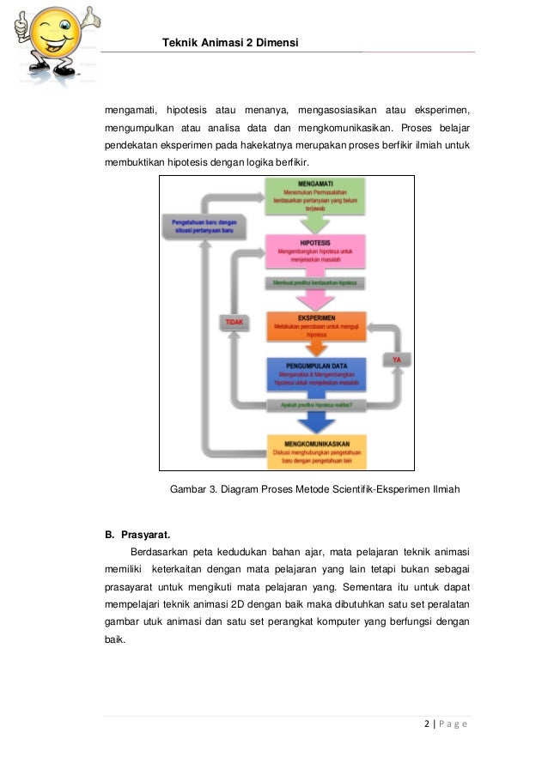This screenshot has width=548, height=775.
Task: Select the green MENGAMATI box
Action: (316, 196)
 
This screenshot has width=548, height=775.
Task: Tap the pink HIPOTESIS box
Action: (316, 251)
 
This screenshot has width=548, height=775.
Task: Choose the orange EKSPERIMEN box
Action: (316, 324)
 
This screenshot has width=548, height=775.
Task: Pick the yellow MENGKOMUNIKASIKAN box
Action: (316, 451)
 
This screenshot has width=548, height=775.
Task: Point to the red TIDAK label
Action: (234, 323)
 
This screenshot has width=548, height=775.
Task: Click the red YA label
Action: (396, 360)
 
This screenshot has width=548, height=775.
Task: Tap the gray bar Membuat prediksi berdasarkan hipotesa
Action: (316, 282)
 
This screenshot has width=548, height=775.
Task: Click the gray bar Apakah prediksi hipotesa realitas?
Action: (316, 404)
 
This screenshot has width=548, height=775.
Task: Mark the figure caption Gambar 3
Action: (315, 489)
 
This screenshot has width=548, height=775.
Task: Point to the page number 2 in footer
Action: (428, 724)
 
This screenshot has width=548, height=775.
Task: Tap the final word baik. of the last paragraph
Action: (115, 640)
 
